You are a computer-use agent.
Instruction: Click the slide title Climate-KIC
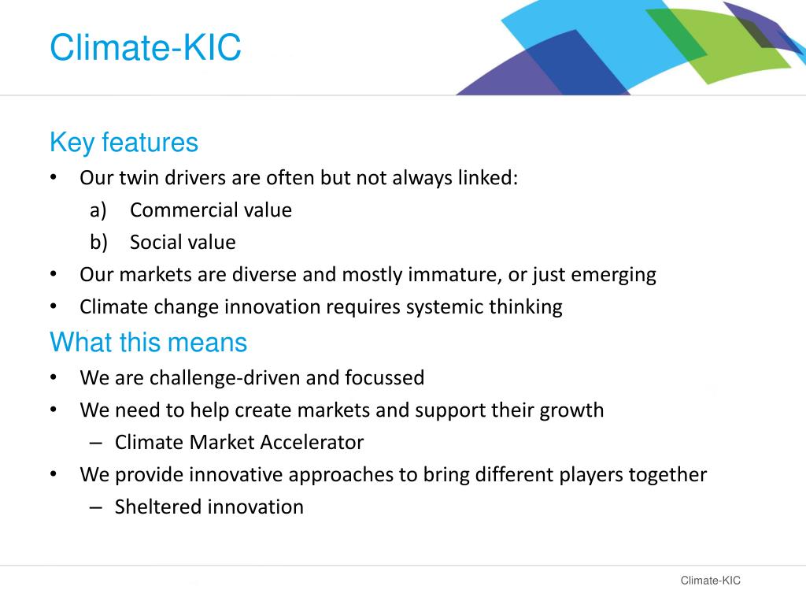[145, 49]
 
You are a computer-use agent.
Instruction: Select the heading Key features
[124, 143]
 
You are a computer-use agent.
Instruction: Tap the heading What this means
[148, 343]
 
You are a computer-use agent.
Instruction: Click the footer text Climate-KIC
[710, 581]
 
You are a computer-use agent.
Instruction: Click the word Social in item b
[154, 243]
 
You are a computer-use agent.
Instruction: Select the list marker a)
[98, 210]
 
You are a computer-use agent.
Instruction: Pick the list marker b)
[98, 243]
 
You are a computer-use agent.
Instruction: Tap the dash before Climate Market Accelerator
[96, 443]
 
